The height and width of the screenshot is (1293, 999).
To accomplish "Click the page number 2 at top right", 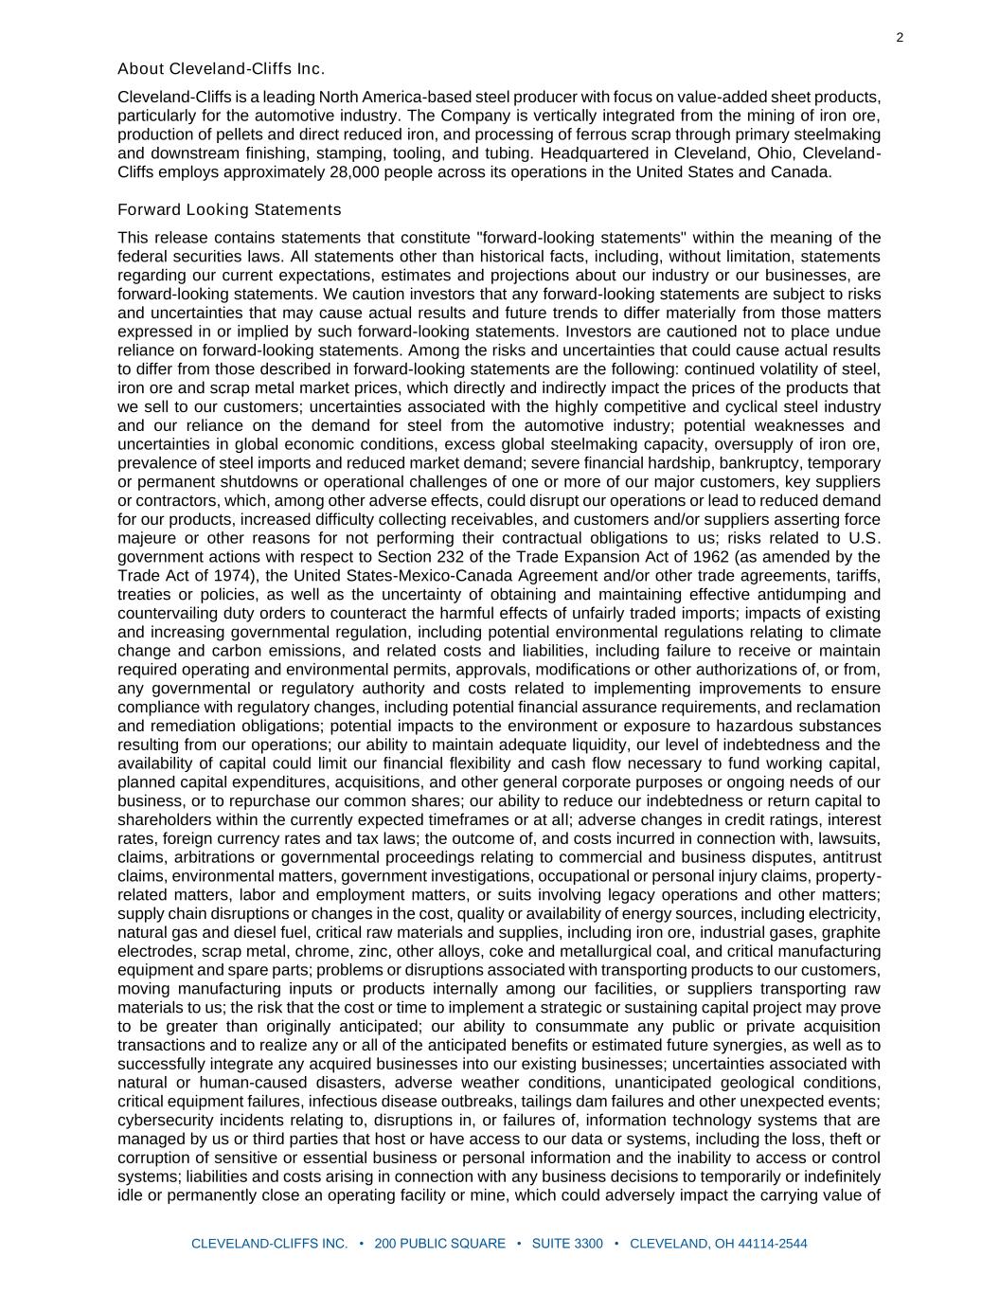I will [900, 38].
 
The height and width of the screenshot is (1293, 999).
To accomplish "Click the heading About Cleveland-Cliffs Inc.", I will [222, 69].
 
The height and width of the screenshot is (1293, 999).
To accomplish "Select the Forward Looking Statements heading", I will [229, 209].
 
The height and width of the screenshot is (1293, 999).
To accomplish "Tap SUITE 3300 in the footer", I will [567, 1244].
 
